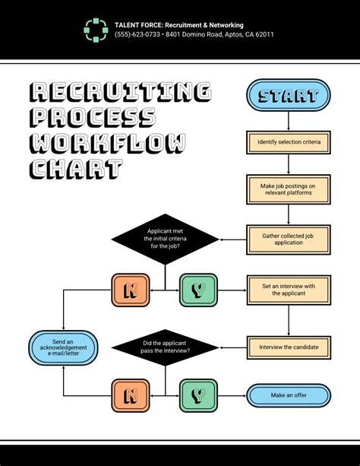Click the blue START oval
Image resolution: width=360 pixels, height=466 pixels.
coord(288,96)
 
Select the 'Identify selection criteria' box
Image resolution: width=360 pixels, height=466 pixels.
coord(289,142)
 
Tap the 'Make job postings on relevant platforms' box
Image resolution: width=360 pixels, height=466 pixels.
coord(289,189)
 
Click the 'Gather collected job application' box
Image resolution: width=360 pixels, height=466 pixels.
coord(289,239)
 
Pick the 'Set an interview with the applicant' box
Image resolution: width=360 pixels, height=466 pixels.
coord(289,290)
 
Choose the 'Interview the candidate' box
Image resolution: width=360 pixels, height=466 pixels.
coord(289,347)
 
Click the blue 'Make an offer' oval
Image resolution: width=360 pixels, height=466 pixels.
coord(289,395)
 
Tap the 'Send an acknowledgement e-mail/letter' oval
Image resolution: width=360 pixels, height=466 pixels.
coord(64,347)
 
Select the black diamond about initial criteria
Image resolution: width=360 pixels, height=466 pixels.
coord(164,238)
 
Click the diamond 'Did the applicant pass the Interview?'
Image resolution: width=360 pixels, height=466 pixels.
coord(166,347)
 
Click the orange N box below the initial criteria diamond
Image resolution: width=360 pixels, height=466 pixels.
coord(131,290)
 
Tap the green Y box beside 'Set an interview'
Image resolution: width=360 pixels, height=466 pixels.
coord(198,290)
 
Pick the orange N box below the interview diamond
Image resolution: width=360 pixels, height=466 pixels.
coord(131,395)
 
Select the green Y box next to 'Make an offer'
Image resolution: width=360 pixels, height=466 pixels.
coord(198,395)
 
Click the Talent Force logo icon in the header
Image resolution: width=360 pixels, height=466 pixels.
coord(96,30)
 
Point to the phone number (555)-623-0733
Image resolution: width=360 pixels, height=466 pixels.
coord(137,35)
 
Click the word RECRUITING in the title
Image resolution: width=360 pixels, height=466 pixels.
coord(120,93)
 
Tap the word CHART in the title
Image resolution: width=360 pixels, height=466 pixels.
coord(75,168)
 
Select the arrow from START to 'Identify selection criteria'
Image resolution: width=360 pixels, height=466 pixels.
coord(289,122)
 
